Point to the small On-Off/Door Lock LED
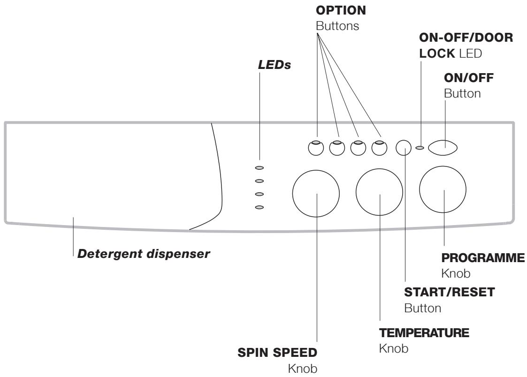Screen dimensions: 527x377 [420, 147]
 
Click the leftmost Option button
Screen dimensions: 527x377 [316, 148]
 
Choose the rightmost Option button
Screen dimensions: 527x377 [380, 148]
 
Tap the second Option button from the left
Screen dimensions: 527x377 [337, 148]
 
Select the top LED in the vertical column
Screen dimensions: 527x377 [260, 167]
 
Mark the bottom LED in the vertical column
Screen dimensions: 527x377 [260, 207]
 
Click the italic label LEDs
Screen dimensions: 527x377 [274, 65]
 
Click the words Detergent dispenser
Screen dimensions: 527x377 [144, 254]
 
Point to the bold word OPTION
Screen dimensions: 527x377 [341, 10]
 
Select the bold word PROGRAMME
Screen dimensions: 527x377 [483, 258]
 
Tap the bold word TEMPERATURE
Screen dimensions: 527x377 [424, 332]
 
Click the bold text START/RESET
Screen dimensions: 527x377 [450, 292]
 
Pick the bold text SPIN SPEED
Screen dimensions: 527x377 [277, 353]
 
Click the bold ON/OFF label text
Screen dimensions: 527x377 [469, 78]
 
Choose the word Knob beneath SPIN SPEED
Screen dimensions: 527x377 [303, 369]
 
